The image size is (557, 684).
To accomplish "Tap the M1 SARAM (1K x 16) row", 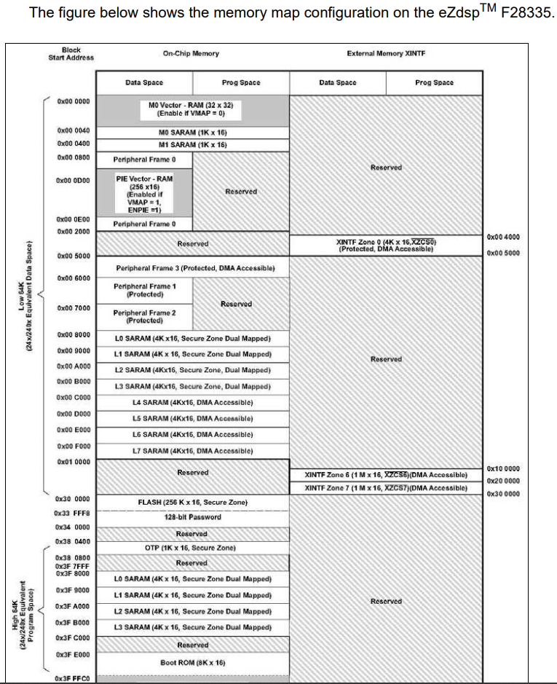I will point(192,144).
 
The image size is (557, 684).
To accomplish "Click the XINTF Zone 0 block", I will point(386,245).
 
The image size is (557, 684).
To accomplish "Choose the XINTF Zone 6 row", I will point(386,475).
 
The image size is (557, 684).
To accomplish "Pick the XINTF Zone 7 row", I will point(386,487).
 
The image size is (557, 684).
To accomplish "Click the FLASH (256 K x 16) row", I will point(192,502).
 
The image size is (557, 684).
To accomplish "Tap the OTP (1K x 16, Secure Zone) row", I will point(192,548).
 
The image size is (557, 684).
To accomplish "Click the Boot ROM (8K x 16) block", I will point(192,662).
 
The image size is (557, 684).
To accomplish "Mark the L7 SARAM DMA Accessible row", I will point(192,450).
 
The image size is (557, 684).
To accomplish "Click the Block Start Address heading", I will point(71,54).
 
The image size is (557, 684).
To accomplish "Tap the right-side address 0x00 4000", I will point(503,237).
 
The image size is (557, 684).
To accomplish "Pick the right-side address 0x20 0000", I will point(503,481).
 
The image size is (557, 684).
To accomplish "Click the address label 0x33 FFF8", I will point(72,513).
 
